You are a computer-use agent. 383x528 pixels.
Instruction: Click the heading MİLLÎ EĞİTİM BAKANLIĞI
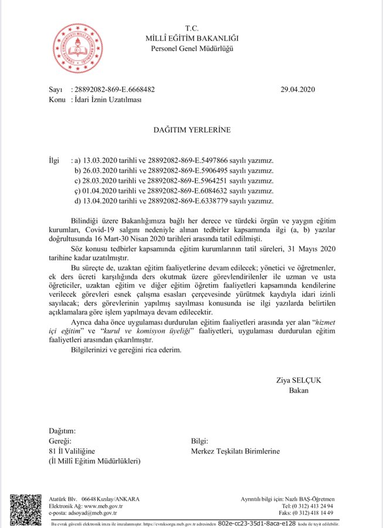(192, 39)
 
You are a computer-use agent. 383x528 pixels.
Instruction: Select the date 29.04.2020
(299, 90)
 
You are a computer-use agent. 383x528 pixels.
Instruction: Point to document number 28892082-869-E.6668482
(114, 90)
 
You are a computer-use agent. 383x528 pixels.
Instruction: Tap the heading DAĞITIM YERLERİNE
(192, 130)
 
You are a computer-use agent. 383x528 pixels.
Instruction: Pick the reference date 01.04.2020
(103, 191)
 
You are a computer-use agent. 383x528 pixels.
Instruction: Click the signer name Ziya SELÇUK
(299, 380)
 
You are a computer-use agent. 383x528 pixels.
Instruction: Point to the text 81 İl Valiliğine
(71, 451)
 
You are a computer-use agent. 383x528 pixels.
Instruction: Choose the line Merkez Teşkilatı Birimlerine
(235, 451)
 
